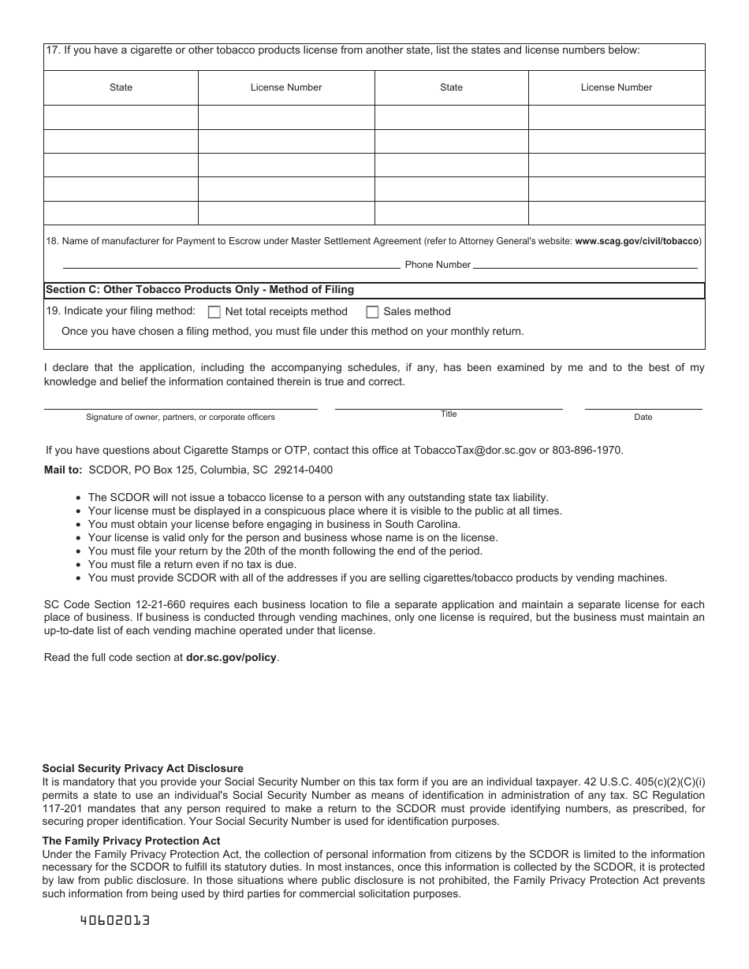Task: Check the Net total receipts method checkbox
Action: click(214, 312)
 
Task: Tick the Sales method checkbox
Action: click(372, 312)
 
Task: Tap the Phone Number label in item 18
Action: click(438, 265)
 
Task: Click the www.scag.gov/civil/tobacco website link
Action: click(636, 241)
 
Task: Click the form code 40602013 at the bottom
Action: click(115, 920)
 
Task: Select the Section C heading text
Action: click(199, 290)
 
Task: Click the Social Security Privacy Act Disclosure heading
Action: click(143, 768)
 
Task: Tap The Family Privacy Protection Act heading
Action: click(131, 841)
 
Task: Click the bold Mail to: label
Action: click(63, 470)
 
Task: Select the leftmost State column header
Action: click(121, 87)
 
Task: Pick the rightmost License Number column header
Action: click(616, 87)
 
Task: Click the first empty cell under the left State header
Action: click(121, 117)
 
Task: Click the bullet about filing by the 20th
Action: click(285, 551)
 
